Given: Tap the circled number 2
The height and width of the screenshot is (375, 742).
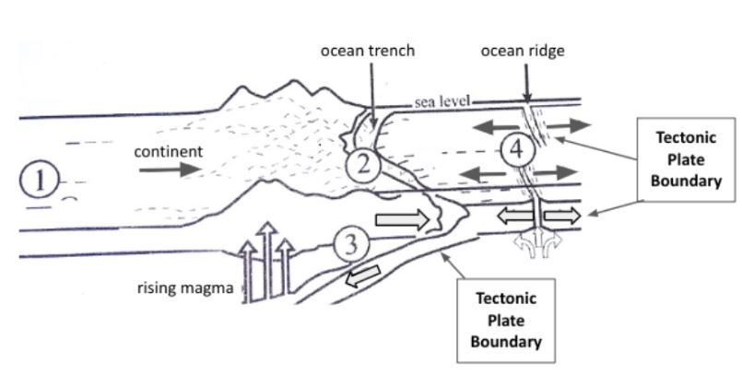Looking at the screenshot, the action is tap(363, 165).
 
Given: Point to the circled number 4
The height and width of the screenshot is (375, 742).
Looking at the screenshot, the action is tap(519, 151).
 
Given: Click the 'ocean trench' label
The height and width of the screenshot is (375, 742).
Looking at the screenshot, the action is tap(367, 51).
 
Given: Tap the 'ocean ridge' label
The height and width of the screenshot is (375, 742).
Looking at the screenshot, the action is tap(522, 51).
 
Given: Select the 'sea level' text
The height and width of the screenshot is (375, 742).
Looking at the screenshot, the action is tap(442, 101).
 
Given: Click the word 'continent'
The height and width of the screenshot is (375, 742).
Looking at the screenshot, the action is tap(162, 151).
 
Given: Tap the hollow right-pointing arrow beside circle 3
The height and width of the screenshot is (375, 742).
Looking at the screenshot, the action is tap(403, 219).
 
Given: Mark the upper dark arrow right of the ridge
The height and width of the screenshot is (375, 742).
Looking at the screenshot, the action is tap(563, 124).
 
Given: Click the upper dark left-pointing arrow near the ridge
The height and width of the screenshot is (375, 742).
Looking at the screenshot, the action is tap(484, 125).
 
